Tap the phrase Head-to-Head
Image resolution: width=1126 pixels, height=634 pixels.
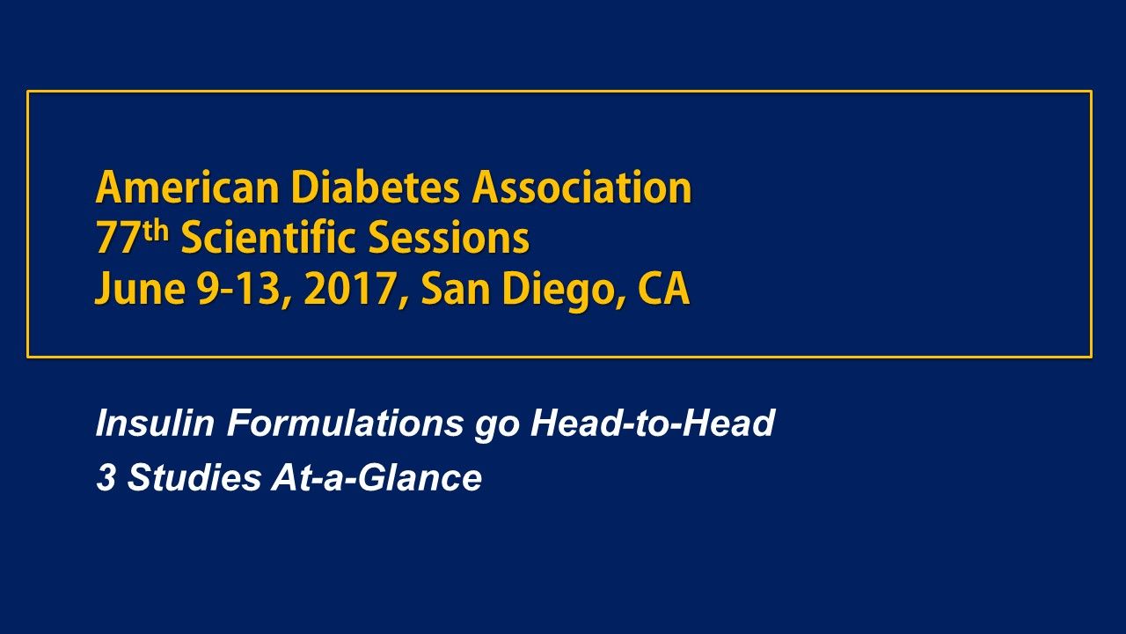tap(652, 424)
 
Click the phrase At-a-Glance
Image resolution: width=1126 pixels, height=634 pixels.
tap(377, 478)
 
